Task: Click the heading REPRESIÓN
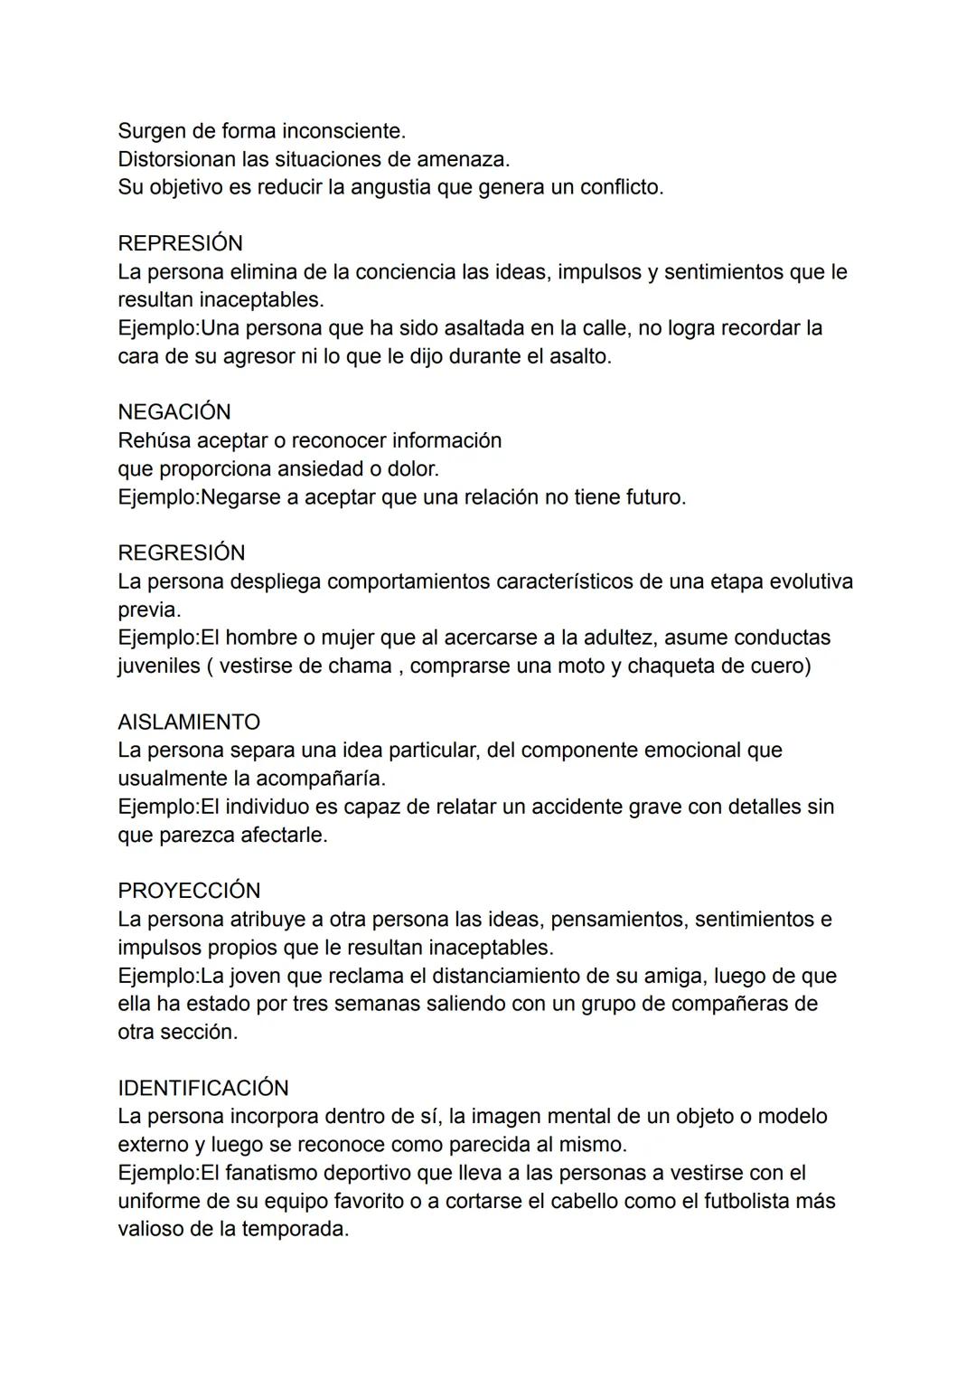click(180, 243)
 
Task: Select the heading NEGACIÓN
click(174, 411)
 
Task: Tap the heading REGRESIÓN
click(182, 553)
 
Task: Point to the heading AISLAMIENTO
click(189, 722)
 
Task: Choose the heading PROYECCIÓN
click(189, 890)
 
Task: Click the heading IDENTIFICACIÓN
click(203, 1087)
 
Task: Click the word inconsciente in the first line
click(344, 131)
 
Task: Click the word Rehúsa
click(155, 440)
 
